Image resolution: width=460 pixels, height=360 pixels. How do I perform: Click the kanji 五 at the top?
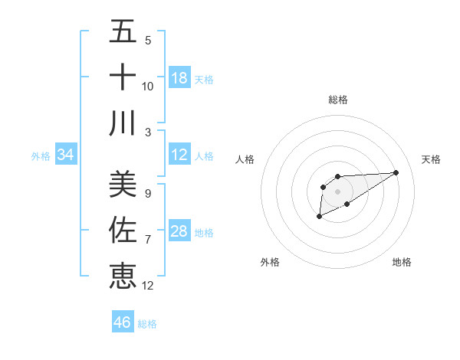click(123, 33)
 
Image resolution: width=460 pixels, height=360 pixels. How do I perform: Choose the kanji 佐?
click(123, 229)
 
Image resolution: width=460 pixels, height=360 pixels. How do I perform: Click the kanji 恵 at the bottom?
click(123, 274)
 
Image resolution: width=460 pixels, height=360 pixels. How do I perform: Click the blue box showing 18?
click(179, 77)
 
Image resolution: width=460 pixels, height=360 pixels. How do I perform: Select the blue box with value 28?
click(179, 231)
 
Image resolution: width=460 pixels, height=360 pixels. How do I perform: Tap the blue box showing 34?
click(66, 155)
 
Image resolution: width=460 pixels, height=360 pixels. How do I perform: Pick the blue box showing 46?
click(123, 322)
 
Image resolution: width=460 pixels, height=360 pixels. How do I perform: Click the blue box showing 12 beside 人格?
click(179, 155)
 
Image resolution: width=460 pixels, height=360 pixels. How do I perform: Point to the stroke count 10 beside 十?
click(148, 86)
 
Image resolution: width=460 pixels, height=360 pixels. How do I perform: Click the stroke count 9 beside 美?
click(148, 194)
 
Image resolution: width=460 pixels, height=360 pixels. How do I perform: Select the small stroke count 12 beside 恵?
click(148, 285)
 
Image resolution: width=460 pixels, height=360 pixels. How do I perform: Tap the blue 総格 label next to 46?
click(147, 324)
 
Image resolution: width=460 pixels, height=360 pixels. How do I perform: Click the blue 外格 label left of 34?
click(41, 156)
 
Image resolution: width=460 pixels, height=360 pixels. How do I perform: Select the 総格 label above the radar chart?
click(338, 100)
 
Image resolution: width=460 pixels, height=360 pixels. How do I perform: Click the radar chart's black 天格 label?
click(431, 159)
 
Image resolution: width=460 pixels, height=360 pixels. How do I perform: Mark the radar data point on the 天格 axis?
click(396, 172)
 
